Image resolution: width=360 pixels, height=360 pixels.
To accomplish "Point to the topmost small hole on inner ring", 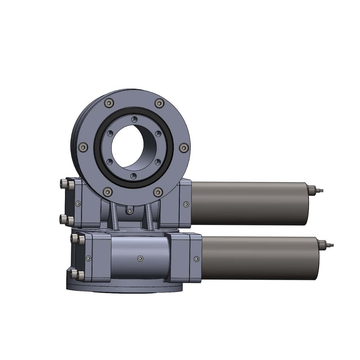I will click(x=134, y=119).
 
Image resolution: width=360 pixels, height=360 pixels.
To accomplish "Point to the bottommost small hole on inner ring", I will click(x=134, y=176).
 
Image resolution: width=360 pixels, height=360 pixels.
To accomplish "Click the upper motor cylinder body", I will click(x=249, y=203).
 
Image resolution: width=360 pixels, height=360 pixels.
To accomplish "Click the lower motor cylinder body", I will click(x=260, y=258).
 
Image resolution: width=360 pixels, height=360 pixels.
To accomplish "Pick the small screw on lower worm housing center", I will click(x=140, y=258).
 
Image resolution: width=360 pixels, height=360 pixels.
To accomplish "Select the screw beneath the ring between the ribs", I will click(x=130, y=211).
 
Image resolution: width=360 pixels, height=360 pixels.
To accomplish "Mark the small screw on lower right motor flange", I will click(x=197, y=258).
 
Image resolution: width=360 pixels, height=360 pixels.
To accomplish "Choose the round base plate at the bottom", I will click(x=124, y=287).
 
